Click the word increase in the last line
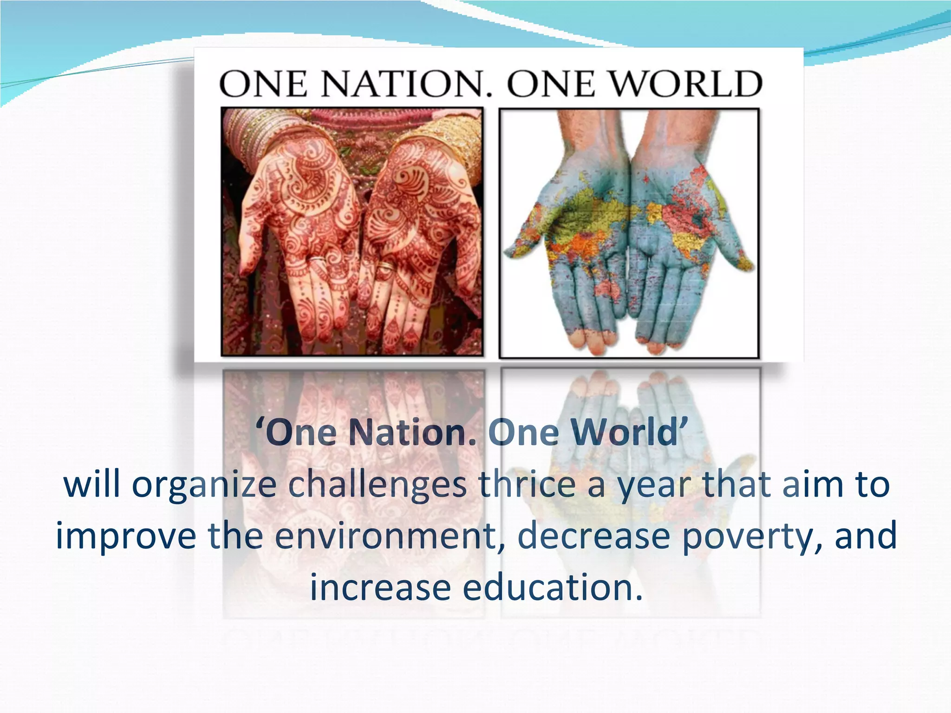(380, 588)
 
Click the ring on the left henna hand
(318, 260)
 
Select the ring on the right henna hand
(385, 267)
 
